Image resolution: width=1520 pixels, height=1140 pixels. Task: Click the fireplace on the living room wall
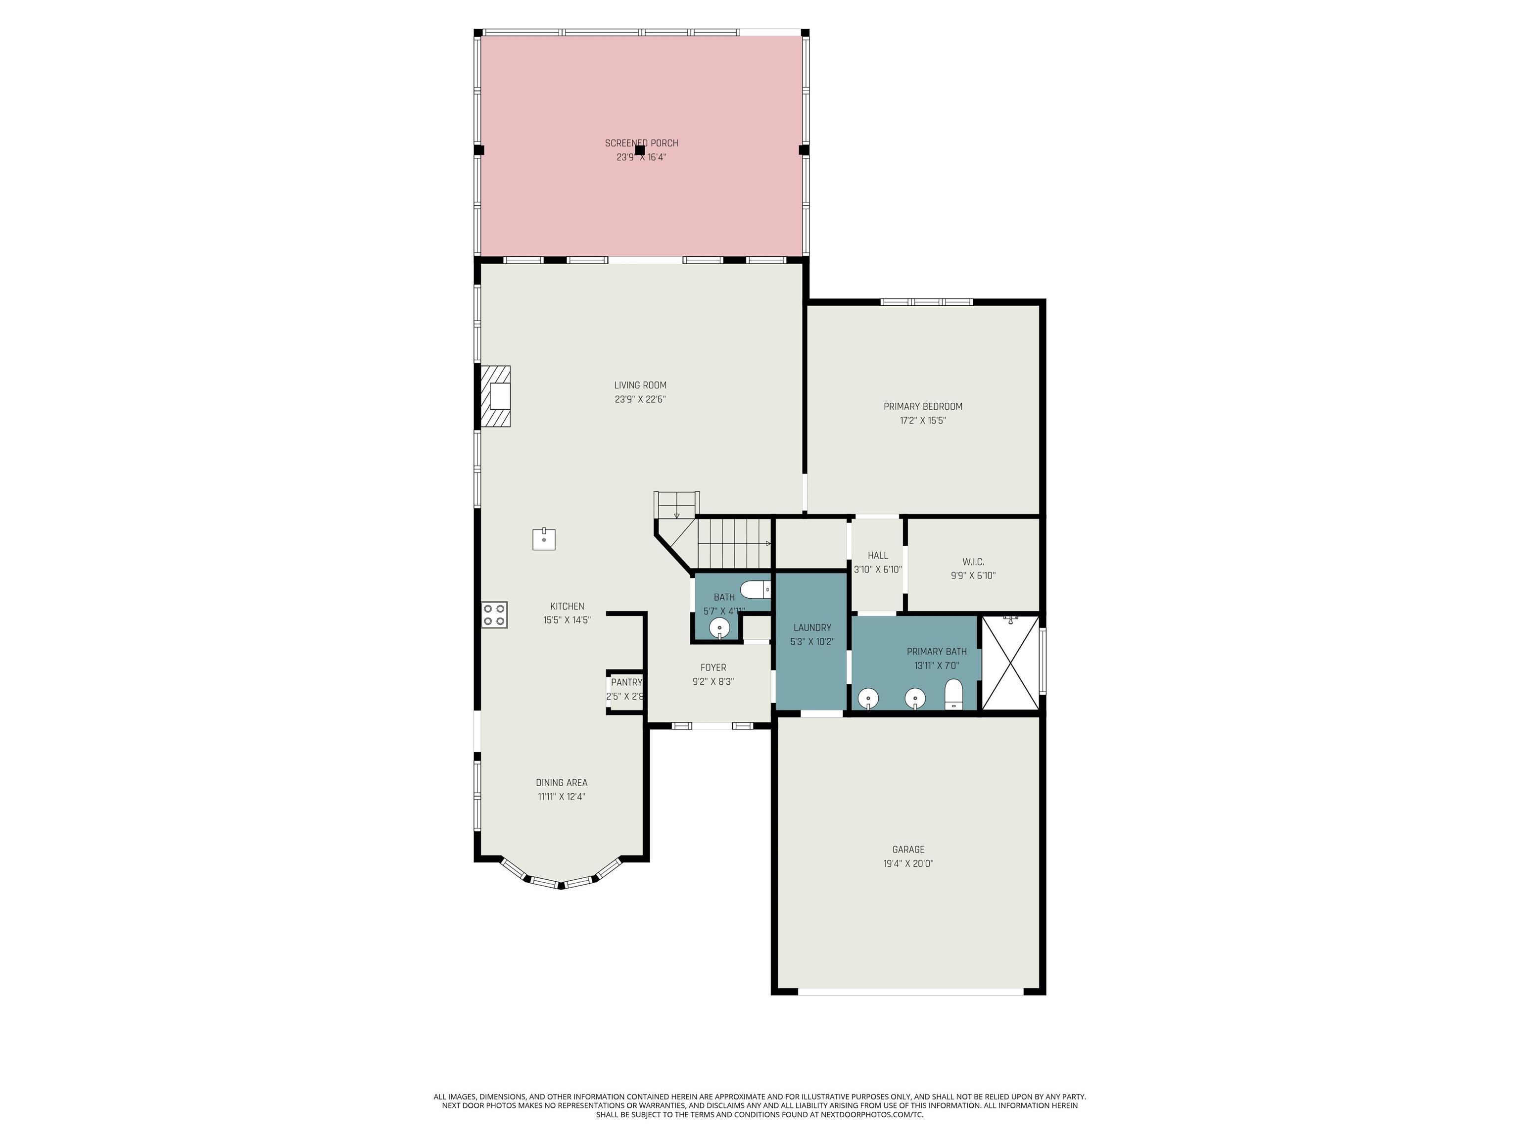(x=495, y=396)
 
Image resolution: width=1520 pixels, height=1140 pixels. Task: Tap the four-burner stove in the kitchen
(x=494, y=615)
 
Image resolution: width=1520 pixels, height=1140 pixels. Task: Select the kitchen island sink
(x=544, y=539)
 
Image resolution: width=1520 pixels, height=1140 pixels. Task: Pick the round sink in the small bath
(x=719, y=627)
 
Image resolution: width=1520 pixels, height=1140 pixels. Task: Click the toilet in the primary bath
(x=954, y=693)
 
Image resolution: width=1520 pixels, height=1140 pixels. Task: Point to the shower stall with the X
(x=1010, y=663)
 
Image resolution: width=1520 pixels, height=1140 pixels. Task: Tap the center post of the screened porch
(x=640, y=150)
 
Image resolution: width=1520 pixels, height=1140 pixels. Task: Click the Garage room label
(x=908, y=850)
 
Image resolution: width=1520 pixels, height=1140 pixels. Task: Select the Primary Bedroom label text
(x=923, y=406)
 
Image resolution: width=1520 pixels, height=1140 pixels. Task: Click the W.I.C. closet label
(x=973, y=562)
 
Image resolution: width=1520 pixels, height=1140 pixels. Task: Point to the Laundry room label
(x=812, y=627)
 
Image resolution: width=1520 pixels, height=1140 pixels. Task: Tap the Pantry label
(x=626, y=682)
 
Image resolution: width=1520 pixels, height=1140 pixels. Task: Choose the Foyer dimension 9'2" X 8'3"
(x=713, y=682)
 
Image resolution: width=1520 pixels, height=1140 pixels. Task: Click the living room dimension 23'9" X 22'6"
(x=640, y=399)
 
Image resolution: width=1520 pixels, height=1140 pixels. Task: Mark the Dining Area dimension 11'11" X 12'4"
(x=562, y=797)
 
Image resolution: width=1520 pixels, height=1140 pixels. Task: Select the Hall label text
(x=877, y=555)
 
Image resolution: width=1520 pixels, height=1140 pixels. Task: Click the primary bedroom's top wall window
(x=927, y=302)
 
